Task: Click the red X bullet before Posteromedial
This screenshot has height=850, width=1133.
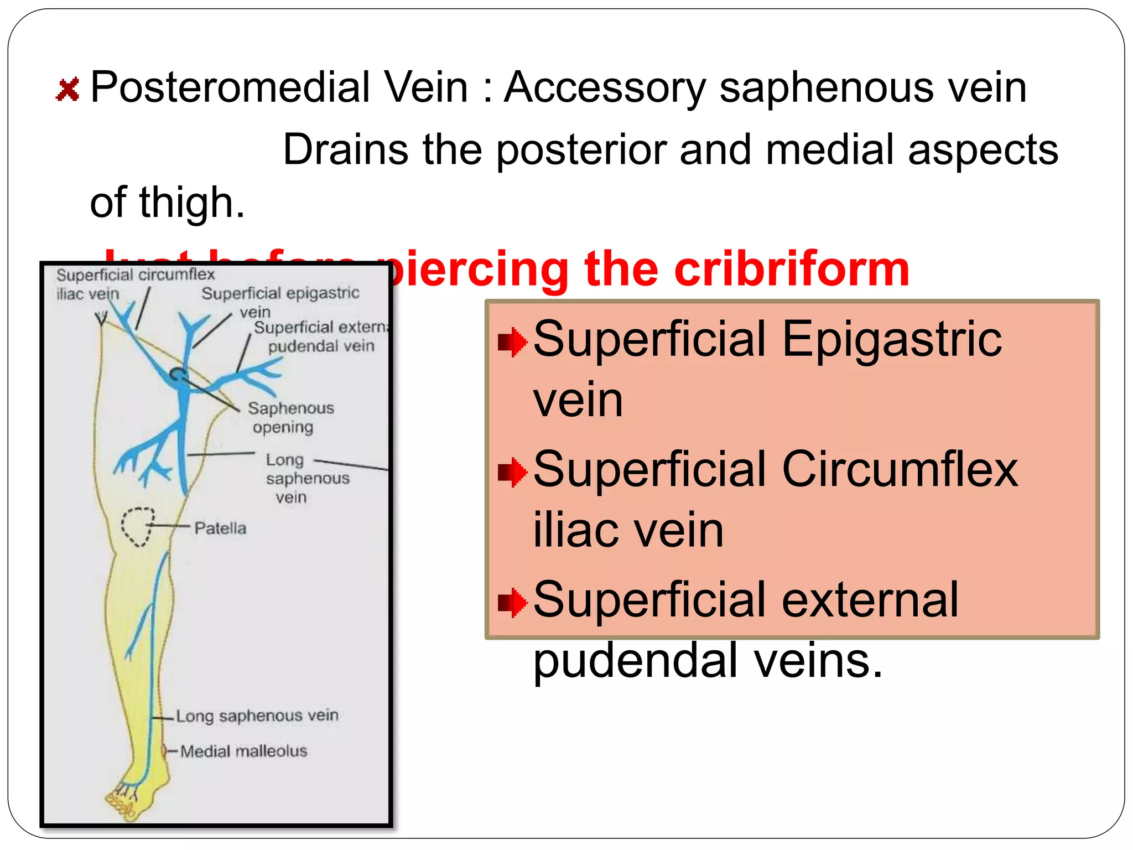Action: point(67,90)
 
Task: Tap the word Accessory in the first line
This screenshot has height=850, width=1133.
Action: point(605,87)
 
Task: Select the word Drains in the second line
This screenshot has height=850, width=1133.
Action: point(345,150)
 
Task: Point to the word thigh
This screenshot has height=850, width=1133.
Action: point(191,203)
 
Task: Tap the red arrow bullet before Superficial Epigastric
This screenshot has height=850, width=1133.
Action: point(512,342)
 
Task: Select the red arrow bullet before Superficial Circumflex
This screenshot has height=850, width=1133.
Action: point(512,472)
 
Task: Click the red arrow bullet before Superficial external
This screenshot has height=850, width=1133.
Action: point(512,603)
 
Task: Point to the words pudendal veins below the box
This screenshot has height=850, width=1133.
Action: point(707,660)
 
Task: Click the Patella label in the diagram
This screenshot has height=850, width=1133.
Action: point(220,528)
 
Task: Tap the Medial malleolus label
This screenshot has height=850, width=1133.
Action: point(243,751)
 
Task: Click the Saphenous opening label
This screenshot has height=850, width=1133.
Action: point(290,418)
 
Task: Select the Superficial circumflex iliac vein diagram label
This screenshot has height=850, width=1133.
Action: point(134,283)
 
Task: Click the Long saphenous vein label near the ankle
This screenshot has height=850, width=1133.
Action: point(257,716)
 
